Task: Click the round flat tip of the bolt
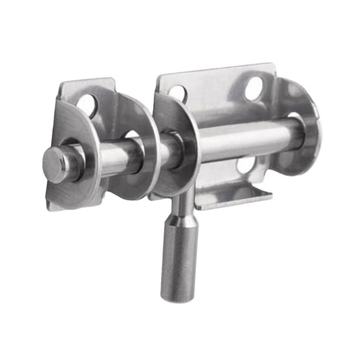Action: pos(55,165)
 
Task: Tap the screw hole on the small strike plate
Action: pos(87,105)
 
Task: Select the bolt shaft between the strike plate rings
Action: pos(115,158)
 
